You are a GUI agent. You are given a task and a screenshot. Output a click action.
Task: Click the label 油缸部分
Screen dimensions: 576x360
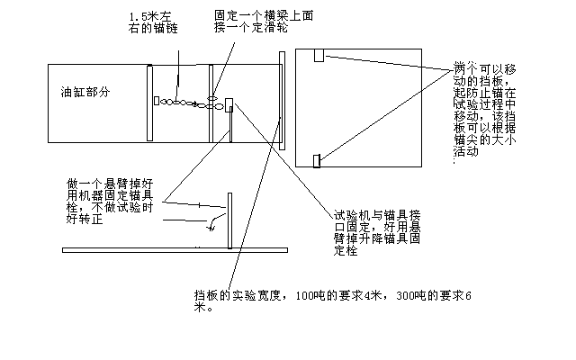85,92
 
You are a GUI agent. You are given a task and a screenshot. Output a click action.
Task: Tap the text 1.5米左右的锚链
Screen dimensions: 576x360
153,22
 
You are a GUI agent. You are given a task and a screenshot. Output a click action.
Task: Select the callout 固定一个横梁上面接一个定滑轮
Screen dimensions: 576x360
264,22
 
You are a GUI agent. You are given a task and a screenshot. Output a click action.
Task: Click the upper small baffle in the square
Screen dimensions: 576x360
319,55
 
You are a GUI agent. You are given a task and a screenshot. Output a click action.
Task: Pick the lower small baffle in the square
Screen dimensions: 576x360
317,161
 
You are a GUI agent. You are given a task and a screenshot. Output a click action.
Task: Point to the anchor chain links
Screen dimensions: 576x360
191,103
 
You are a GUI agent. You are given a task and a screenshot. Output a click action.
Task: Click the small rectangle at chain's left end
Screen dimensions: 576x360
157,101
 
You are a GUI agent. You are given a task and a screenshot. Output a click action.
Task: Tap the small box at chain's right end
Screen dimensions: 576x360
229,104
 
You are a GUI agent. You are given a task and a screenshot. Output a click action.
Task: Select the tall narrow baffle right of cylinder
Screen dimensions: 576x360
282,101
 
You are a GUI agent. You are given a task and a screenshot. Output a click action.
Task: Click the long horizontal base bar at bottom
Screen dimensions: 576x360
175,250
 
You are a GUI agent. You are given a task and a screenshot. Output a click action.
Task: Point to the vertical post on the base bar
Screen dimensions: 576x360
230,220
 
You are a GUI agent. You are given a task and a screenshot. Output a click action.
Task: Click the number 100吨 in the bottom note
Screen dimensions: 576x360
310,296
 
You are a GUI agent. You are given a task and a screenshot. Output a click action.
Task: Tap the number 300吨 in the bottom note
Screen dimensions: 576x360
411,296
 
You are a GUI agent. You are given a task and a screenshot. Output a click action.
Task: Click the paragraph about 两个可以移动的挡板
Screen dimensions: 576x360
485,110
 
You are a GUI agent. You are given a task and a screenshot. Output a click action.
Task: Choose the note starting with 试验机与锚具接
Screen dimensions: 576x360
377,232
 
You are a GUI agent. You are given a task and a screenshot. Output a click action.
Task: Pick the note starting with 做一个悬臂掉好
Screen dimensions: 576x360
110,201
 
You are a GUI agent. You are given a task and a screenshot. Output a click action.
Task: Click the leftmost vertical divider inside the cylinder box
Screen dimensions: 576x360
149,103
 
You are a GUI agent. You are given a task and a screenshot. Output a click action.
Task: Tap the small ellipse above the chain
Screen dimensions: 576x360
212,98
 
